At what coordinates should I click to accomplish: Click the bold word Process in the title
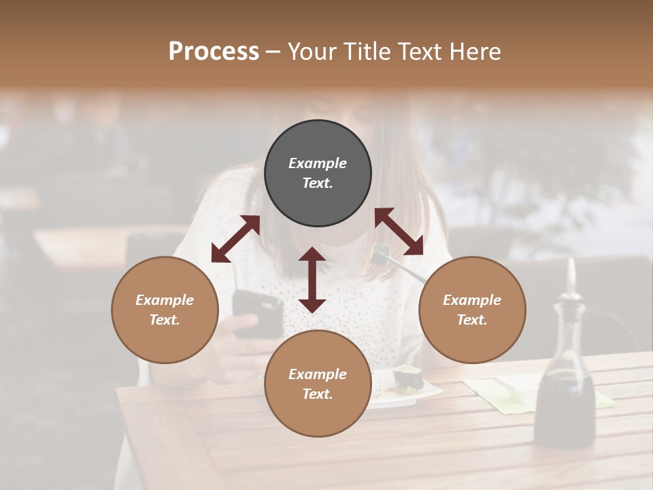[x=214, y=52]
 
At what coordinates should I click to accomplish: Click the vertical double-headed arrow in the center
[x=312, y=280]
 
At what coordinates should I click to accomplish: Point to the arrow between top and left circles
[x=235, y=238]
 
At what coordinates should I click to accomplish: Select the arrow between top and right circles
[x=399, y=231]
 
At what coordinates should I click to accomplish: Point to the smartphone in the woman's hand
[x=257, y=313]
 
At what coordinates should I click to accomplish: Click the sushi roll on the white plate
[x=408, y=378]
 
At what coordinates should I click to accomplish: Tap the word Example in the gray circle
[x=318, y=163]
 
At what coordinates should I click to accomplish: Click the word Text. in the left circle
[x=165, y=320]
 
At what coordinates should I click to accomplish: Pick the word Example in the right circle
[x=472, y=300]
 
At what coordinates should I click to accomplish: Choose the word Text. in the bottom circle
[x=318, y=394]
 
